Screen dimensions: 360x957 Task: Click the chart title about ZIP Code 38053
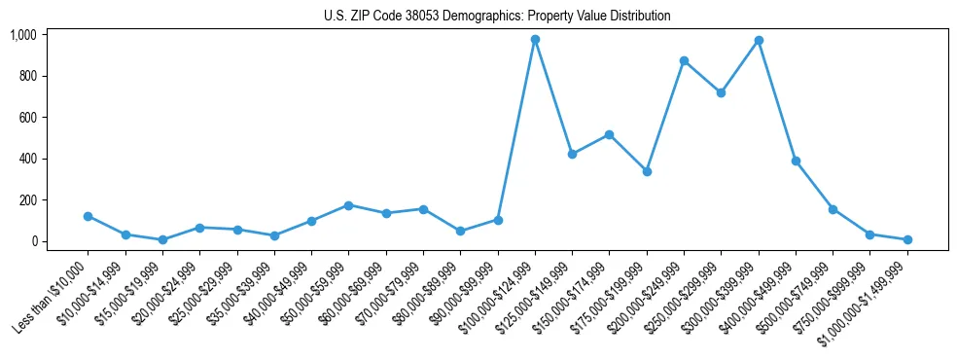pos(497,17)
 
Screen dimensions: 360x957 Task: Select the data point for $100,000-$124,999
pos(535,40)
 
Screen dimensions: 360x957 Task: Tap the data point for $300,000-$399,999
pos(759,41)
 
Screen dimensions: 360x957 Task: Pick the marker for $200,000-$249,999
pos(684,60)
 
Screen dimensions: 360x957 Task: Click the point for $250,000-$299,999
pos(721,92)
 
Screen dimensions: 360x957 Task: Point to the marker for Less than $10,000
pos(88,216)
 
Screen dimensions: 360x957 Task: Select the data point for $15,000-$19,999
pos(162,239)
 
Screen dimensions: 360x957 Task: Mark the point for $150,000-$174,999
pos(609,134)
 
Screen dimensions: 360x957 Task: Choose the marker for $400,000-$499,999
pos(796,161)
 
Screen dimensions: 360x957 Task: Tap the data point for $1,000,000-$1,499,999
pos(907,239)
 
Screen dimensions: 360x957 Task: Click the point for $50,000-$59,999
pos(348,205)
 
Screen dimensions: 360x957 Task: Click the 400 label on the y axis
pos(28,159)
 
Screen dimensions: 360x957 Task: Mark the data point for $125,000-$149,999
pos(572,154)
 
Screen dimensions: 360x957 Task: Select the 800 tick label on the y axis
pos(28,76)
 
